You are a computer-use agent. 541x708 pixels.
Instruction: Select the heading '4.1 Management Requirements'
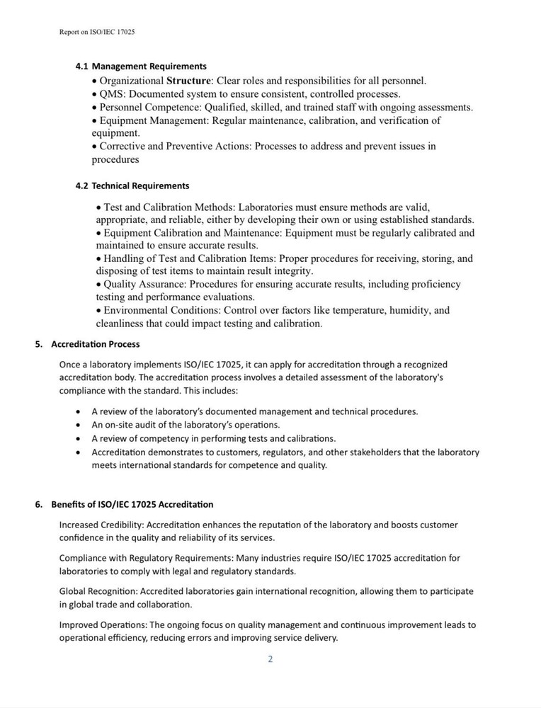tap(141, 66)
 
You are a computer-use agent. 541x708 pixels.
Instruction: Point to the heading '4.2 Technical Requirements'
tap(132, 185)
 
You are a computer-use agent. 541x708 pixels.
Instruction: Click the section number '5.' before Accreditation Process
tap(40, 344)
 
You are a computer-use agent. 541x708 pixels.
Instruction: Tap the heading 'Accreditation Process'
tap(96, 344)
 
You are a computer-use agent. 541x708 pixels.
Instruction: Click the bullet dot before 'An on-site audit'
tap(78, 425)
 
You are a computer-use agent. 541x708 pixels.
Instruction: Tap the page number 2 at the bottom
tap(270, 659)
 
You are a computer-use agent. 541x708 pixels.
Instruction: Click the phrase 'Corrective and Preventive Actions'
tap(174, 147)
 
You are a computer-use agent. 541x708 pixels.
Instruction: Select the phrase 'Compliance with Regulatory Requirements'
tap(145, 558)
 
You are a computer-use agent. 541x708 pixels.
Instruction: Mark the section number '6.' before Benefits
tap(40, 504)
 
